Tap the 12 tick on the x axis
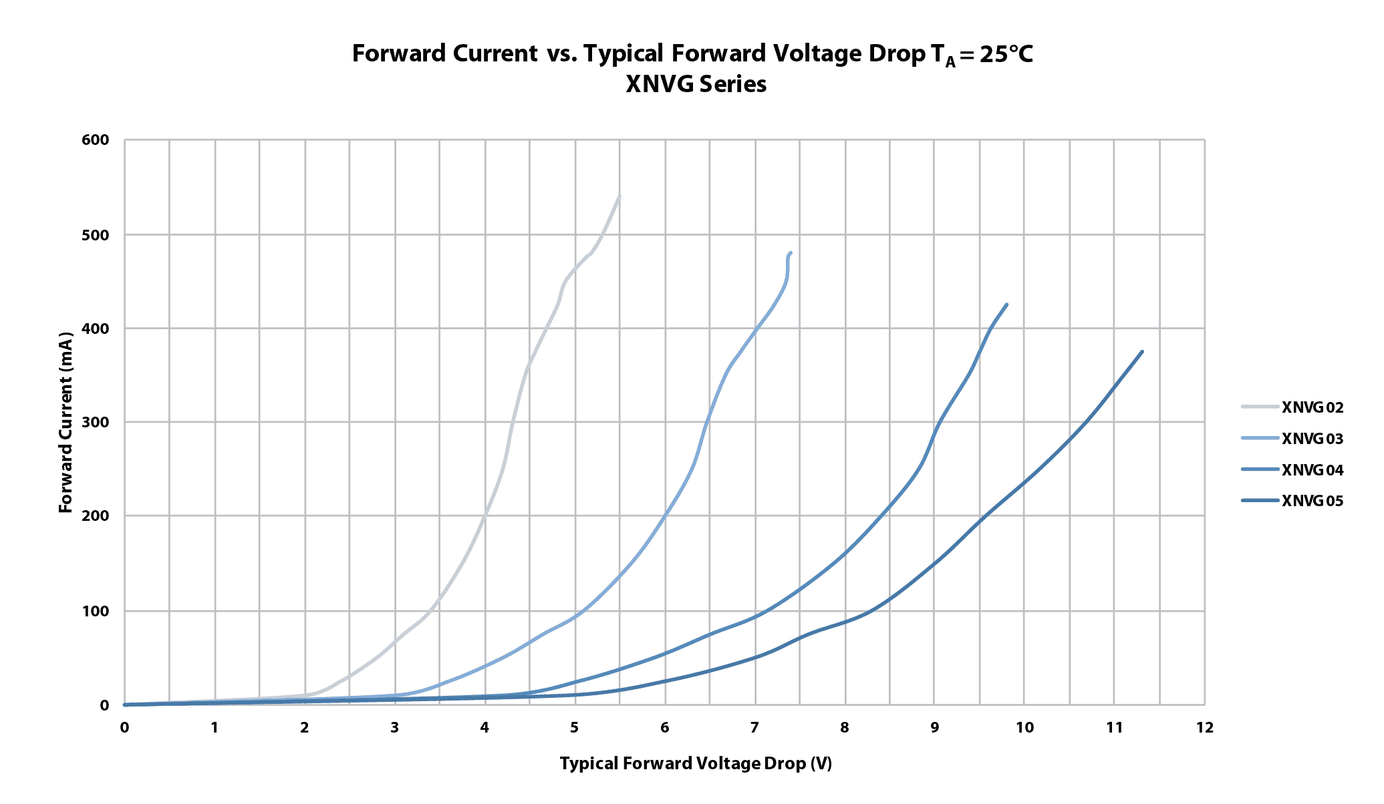[1205, 727]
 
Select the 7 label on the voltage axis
[754, 727]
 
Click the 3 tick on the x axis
[395, 727]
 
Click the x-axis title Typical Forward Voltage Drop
[696, 763]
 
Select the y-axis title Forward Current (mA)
[65, 422]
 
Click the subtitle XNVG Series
[696, 85]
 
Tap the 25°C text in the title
[1006, 54]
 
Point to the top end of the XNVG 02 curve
[619, 196]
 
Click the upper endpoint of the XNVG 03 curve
[791, 253]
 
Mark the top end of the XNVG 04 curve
[1006, 305]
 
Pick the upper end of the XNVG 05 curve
[1142, 352]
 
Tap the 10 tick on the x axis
[1024, 727]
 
